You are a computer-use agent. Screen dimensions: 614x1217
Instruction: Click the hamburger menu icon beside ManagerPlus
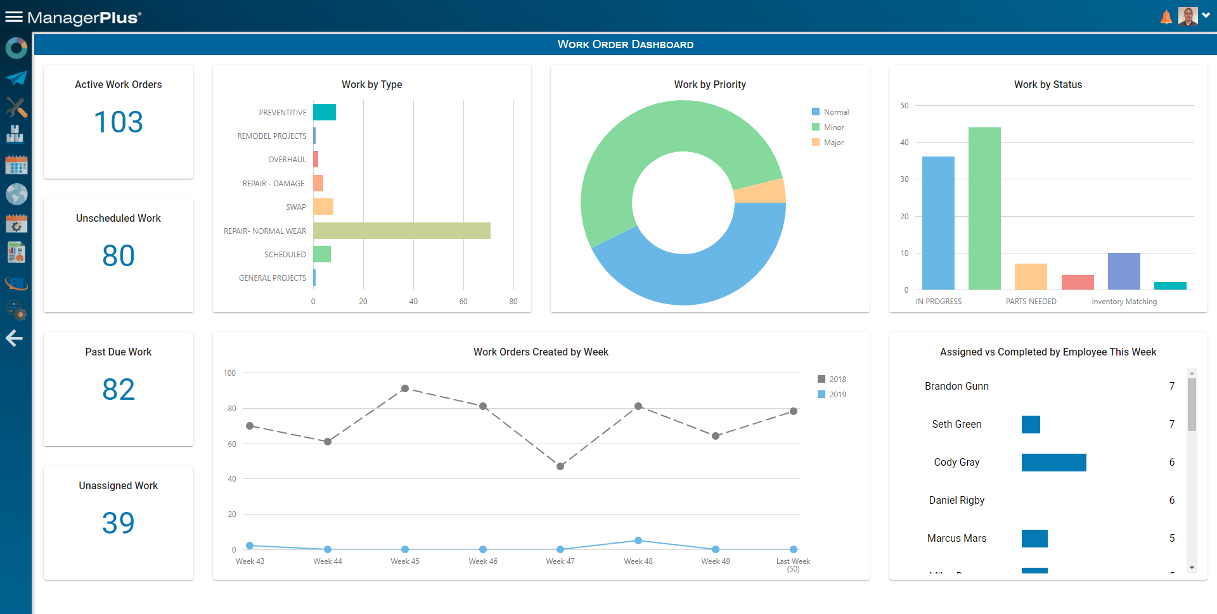tap(14, 17)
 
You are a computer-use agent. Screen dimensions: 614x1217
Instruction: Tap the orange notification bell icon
tap(1166, 17)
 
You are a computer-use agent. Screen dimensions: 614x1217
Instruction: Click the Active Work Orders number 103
tap(119, 122)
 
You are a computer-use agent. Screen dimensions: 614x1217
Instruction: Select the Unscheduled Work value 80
tap(119, 255)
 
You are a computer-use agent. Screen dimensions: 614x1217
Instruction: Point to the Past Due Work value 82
tap(119, 389)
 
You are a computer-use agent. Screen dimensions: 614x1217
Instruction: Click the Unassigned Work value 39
tap(119, 523)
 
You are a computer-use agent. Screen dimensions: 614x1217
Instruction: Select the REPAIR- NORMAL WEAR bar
tap(401, 231)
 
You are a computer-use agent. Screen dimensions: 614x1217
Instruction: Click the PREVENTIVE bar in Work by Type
tap(324, 112)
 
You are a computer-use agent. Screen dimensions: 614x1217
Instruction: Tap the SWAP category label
tap(295, 207)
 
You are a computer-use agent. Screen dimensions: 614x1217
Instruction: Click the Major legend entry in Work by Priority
tap(833, 143)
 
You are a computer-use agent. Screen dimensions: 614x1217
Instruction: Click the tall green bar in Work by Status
tap(984, 208)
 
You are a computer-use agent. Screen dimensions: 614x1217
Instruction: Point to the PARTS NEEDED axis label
tap(1031, 302)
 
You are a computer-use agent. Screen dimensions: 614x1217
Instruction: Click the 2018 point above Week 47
tap(560, 466)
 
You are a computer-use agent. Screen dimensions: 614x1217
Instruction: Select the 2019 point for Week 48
tap(638, 540)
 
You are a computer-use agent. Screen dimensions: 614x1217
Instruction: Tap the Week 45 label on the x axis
tap(404, 561)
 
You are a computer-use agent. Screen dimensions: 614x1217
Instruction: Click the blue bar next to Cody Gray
tap(1053, 463)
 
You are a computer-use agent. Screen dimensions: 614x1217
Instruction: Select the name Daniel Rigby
tap(956, 500)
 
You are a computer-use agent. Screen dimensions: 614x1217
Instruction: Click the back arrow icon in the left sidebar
tap(15, 338)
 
